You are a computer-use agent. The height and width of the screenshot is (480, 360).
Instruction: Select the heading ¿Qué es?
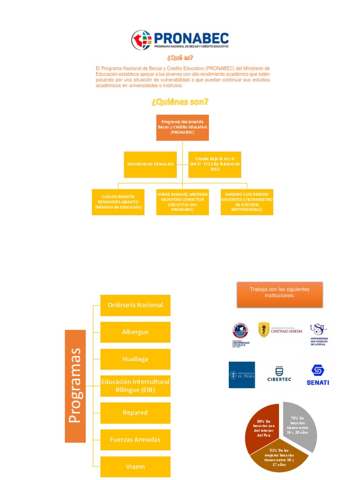(180, 58)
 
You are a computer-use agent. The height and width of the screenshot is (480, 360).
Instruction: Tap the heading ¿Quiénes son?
(180, 102)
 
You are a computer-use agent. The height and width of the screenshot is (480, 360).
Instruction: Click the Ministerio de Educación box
(150, 164)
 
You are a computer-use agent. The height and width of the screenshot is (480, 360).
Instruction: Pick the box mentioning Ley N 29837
(215, 164)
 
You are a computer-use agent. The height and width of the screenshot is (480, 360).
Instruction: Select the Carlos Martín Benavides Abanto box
(118, 202)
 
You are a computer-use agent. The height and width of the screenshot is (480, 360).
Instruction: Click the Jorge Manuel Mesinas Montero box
(182, 202)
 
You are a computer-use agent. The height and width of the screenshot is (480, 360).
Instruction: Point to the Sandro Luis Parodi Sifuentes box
(247, 202)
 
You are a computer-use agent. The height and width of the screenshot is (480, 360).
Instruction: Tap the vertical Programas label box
(75, 386)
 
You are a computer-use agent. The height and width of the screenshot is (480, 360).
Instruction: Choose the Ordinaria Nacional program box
(135, 305)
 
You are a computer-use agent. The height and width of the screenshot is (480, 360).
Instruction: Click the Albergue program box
(135, 332)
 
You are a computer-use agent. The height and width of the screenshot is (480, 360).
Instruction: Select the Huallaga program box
(135, 359)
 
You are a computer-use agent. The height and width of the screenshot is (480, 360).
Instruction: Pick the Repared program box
(135, 412)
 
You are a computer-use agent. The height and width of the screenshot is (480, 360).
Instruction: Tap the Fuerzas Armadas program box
(135, 440)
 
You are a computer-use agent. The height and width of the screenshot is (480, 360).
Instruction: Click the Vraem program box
(135, 466)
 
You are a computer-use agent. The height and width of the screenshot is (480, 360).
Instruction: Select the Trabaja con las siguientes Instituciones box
(279, 294)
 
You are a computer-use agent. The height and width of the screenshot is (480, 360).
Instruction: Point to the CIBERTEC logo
(280, 374)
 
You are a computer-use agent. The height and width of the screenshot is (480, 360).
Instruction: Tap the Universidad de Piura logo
(242, 375)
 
